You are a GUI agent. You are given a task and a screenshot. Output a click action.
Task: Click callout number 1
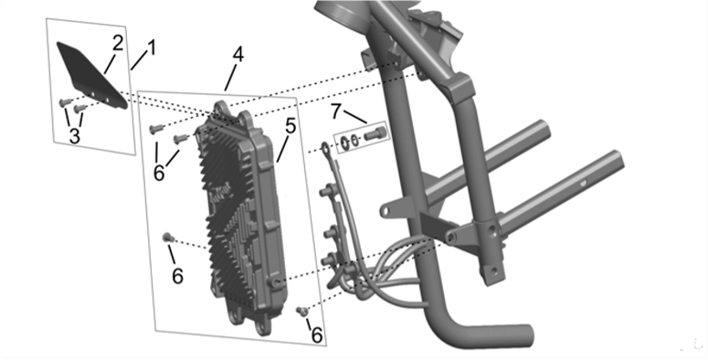coord(152,48)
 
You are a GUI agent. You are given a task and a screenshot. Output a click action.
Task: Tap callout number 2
coord(118,43)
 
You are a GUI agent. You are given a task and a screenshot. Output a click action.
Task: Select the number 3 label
coord(75,135)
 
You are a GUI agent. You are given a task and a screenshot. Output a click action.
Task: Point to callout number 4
coord(238,55)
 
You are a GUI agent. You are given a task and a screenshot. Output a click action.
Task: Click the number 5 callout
coord(291,126)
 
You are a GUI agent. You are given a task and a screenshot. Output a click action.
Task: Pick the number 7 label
coord(335,111)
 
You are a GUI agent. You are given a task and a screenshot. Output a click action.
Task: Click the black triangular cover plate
coord(90,75)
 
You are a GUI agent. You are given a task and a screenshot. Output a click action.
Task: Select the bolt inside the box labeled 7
coord(374,133)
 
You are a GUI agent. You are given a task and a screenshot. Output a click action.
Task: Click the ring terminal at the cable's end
coord(325,147)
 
